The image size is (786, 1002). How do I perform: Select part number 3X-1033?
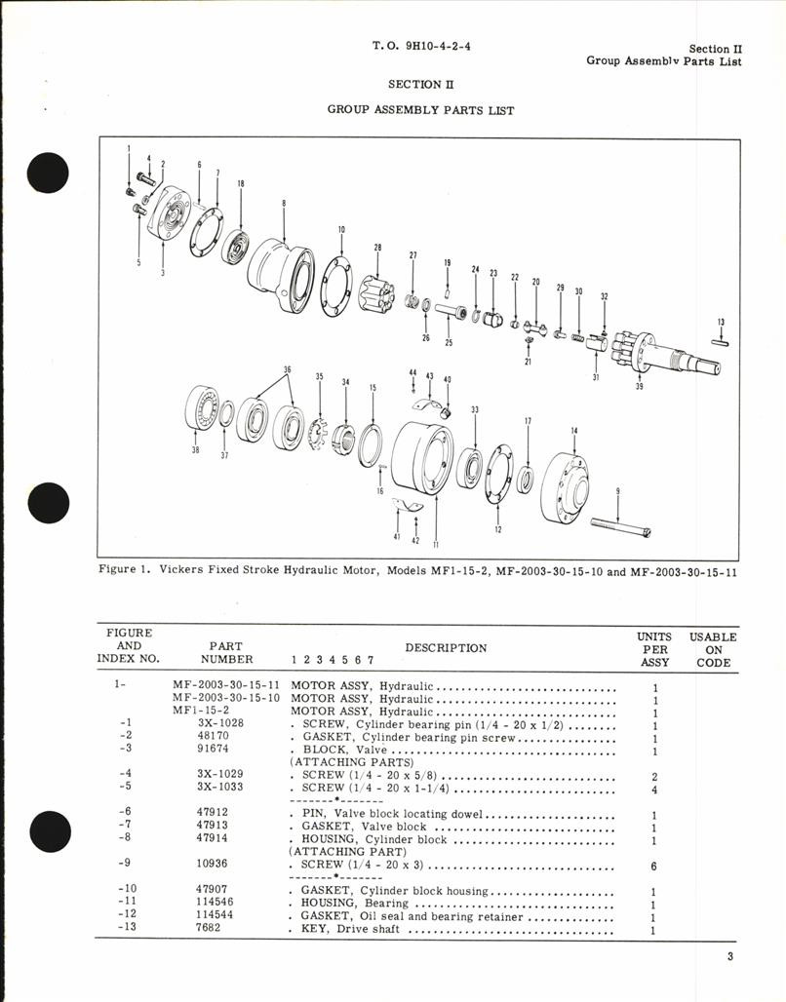(219, 788)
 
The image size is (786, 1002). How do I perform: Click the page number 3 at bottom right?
(729, 956)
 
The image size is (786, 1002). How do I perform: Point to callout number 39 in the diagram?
(639, 387)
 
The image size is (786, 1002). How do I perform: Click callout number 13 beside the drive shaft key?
(721, 322)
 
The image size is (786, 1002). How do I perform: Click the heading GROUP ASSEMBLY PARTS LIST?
(421, 110)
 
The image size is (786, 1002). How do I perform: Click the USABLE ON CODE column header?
(713, 649)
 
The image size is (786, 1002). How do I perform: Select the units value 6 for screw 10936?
(653, 866)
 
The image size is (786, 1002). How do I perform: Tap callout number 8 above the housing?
(283, 204)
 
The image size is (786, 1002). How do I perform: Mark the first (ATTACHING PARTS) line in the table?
(337, 762)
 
